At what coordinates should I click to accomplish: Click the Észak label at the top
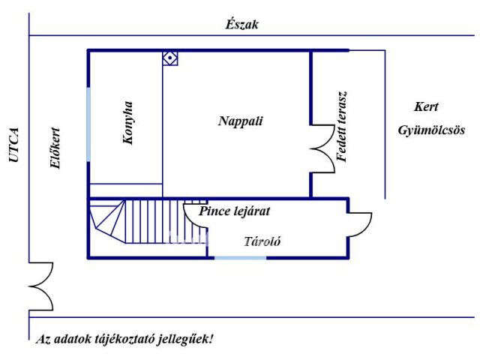[241, 24]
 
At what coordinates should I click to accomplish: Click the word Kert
[426, 107]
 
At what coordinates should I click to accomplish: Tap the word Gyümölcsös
[431, 130]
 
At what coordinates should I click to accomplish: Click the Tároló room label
[262, 241]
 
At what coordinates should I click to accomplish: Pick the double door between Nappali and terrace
[322, 148]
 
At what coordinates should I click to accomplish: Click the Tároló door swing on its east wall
[359, 225]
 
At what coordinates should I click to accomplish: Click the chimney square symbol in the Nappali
[170, 58]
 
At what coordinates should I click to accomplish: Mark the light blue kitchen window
[88, 124]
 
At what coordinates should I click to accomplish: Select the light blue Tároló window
[240, 258]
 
